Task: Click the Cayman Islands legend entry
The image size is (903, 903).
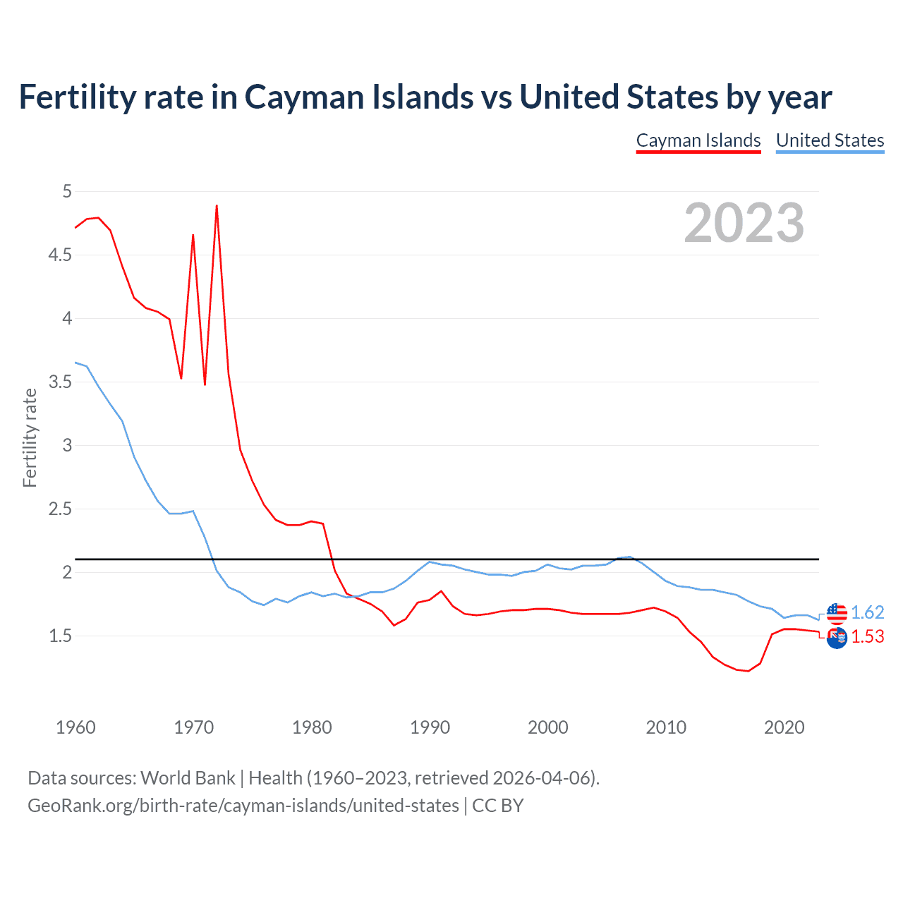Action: [698, 140]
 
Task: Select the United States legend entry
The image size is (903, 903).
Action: [830, 140]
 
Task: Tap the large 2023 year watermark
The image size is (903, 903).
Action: [744, 223]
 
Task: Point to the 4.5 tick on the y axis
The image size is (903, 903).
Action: [60, 255]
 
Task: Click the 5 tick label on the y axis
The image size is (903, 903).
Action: [67, 191]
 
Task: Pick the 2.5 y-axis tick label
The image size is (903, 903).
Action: [60, 509]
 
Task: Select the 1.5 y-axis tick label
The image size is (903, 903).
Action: [60, 636]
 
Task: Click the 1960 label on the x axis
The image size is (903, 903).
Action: [75, 727]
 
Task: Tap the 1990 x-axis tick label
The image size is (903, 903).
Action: [430, 727]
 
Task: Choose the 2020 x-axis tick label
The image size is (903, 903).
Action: [784, 727]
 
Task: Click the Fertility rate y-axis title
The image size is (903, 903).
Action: [30, 437]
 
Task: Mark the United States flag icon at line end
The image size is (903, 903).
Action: [837, 613]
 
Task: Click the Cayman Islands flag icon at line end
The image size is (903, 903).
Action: [837, 638]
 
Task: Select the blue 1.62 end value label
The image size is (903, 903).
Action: [867, 612]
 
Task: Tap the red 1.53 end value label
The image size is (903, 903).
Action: [867, 636]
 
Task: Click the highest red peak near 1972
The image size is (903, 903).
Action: [217, 206]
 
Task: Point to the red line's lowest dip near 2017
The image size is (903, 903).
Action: [748, 671]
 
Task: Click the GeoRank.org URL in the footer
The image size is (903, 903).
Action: [243, 805]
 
